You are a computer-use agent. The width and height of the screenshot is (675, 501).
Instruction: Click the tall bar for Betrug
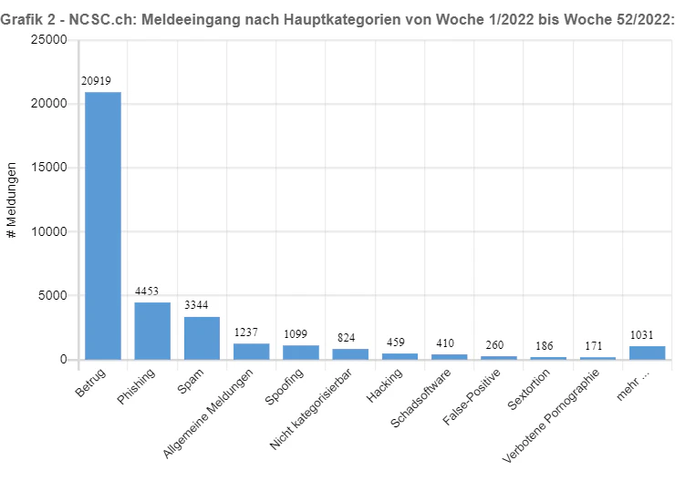[x=103, y=226]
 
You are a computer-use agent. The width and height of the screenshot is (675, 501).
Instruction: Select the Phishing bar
[x=152, y=331]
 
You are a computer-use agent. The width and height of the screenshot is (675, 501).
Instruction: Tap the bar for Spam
[x=202, y=338]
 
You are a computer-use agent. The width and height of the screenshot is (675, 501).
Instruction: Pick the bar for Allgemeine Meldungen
[x=252, y=352]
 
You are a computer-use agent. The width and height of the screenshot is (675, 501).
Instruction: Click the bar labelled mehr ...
[x=648, y=353]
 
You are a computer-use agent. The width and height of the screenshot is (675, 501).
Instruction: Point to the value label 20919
[x=96, y=81]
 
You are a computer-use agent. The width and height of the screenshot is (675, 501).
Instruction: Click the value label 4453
[x=147, y=291]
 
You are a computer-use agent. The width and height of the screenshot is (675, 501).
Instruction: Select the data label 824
[x=346, y=338]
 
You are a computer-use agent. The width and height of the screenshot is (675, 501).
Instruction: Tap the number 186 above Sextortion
[x=545, y=346]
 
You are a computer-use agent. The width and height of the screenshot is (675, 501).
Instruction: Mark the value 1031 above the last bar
[x=641, y=335]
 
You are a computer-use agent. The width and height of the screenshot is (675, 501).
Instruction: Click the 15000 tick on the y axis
[x=49, y=168]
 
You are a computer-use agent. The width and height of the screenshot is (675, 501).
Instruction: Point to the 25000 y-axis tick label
[x=49, y=39]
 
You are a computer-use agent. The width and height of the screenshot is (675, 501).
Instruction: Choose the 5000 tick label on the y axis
[x=53, y=295]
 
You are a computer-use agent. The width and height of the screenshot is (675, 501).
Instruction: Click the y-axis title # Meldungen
[x=12, y=200]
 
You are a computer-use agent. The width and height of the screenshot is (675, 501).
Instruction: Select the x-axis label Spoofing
[x=284, y=386]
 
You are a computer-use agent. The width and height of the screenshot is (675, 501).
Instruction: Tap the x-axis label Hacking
[x=384, y=385]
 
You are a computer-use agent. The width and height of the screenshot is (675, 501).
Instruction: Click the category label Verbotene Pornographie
[x=551, y=415]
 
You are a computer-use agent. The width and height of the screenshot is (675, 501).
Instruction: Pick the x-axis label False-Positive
[x=472, y=396]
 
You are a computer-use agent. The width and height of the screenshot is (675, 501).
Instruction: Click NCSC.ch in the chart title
[x=100, y=19]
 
